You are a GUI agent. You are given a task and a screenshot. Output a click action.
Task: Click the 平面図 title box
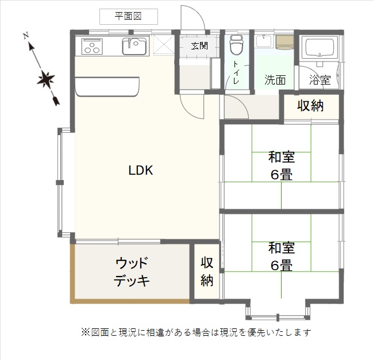click(x=129, y=17)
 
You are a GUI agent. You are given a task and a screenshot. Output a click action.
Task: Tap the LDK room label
click(x=141, y=170)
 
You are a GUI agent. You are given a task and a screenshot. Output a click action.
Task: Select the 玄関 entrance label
click(x=199, y=45)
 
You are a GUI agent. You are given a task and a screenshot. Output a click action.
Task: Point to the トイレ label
click(x=236, y=72)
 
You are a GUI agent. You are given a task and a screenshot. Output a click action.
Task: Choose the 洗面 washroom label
click(x=275, y=80)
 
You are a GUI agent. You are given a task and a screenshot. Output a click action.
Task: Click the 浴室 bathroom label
click(x=320, y=80)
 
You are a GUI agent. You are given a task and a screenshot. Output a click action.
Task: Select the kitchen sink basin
click(x=134, y=46)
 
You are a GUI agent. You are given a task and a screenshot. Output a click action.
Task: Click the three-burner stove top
click(x=92, y=46)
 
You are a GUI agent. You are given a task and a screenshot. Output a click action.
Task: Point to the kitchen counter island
click(x=107, y=86)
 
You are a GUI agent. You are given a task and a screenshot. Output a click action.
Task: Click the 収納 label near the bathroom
click(x=310, y=105)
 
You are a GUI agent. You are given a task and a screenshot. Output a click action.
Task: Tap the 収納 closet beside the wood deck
click(x=207, y=271)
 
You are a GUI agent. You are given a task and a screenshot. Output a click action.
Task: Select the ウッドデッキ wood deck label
click(x=132, y=271)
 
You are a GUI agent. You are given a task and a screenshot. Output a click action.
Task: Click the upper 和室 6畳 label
click(x=282, y=166)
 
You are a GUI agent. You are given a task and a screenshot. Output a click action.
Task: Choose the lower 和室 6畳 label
click(x=282, y=256)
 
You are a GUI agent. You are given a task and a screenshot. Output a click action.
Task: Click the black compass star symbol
click(x=45, y=78)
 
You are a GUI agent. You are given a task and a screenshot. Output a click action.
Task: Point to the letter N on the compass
click(x=26, y=36)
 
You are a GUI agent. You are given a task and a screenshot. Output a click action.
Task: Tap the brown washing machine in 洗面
click(x=284, y=43)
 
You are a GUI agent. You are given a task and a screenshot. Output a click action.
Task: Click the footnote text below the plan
click(x=196, y=332)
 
